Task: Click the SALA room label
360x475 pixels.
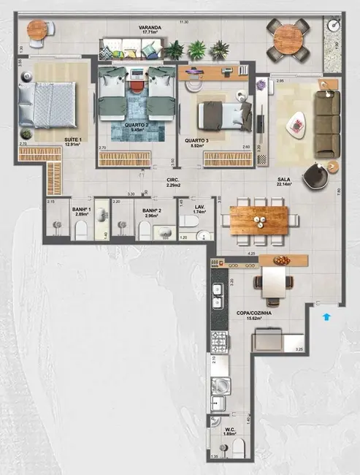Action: tap(285, 179)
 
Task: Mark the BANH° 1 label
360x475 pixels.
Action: tap(80, 212)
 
